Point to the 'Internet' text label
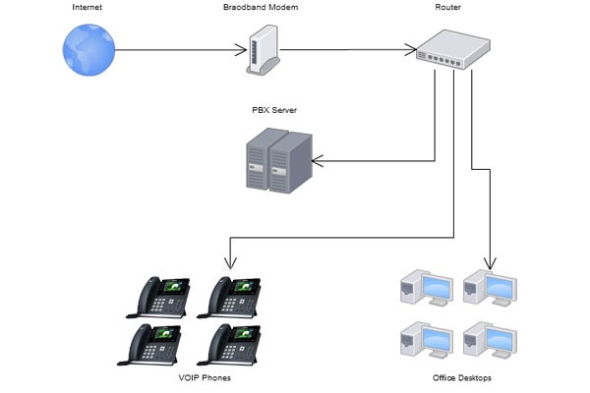tap(86, 8)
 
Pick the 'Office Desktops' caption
tap(461, 377)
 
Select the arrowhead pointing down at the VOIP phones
tap(230, 263)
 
